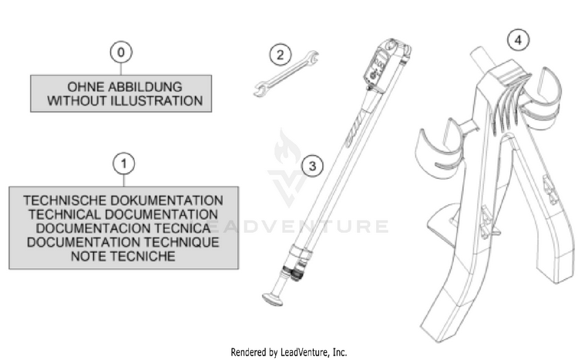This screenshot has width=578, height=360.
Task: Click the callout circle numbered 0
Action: coord(121,52)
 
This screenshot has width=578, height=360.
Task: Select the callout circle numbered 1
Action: coord(124,163)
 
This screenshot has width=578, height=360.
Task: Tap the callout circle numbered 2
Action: coord(281,55)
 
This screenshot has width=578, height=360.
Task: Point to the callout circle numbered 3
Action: coord(312,166)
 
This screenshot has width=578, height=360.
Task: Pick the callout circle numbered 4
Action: coord(519,39)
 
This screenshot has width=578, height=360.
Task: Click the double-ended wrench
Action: coord(286,74)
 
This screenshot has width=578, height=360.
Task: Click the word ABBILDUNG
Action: coord(145,87)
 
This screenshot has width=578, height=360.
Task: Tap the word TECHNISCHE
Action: coord(66,200)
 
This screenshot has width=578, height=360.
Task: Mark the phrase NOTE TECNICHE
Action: coord(123,256)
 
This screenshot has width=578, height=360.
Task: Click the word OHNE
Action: coord(86,87)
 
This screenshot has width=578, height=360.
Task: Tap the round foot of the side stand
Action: coord(273,299)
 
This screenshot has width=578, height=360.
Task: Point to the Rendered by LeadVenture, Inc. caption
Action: coord(289,352)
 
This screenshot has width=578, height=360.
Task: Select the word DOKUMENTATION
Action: coord(167,200)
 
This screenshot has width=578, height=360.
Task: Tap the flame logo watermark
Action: coord(287,147)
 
